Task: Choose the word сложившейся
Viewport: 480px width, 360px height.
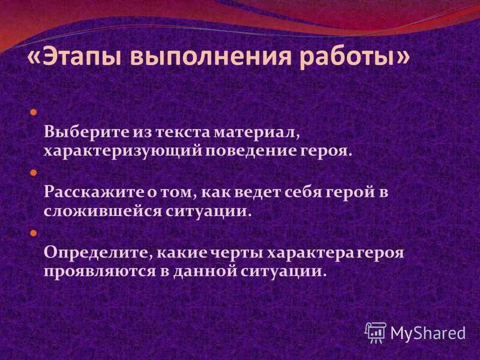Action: point(91,212)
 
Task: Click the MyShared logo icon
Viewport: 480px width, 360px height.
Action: point(376,331)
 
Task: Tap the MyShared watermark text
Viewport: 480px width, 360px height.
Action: point(428,332)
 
